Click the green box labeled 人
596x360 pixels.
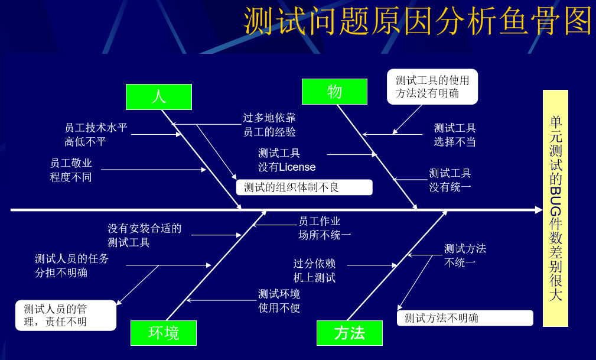click(x=158, y=97)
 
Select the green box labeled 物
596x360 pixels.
click(x=334, y=92)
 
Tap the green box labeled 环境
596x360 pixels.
click(x=164, y=333)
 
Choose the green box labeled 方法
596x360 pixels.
click(x=349, y=333)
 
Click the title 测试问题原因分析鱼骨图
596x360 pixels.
click(x=418, y=22)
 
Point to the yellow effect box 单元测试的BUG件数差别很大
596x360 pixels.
click(x=555, y=208)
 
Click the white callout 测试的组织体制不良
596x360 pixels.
click(x=304, y=187)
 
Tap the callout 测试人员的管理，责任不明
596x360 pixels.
click(x=66, y=315)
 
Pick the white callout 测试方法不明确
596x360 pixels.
click(x=464, y=318)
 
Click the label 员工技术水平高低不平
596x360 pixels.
click(x=96, y=134)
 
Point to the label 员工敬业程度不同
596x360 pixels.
click(x=71, y=170)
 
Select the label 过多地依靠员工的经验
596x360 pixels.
click(x=269, y=125)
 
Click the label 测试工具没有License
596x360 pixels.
click(x=286, y=160)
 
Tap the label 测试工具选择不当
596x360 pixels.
click(x=455, y=135)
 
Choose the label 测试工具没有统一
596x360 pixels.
click(x=450, y=180)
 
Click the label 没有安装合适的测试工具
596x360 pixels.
click(x=144, y=235)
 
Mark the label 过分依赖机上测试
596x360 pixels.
click(x=314, y=270)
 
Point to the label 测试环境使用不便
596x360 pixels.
click(x=279, y=300)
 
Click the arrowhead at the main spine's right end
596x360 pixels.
click(x=538, y=210)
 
